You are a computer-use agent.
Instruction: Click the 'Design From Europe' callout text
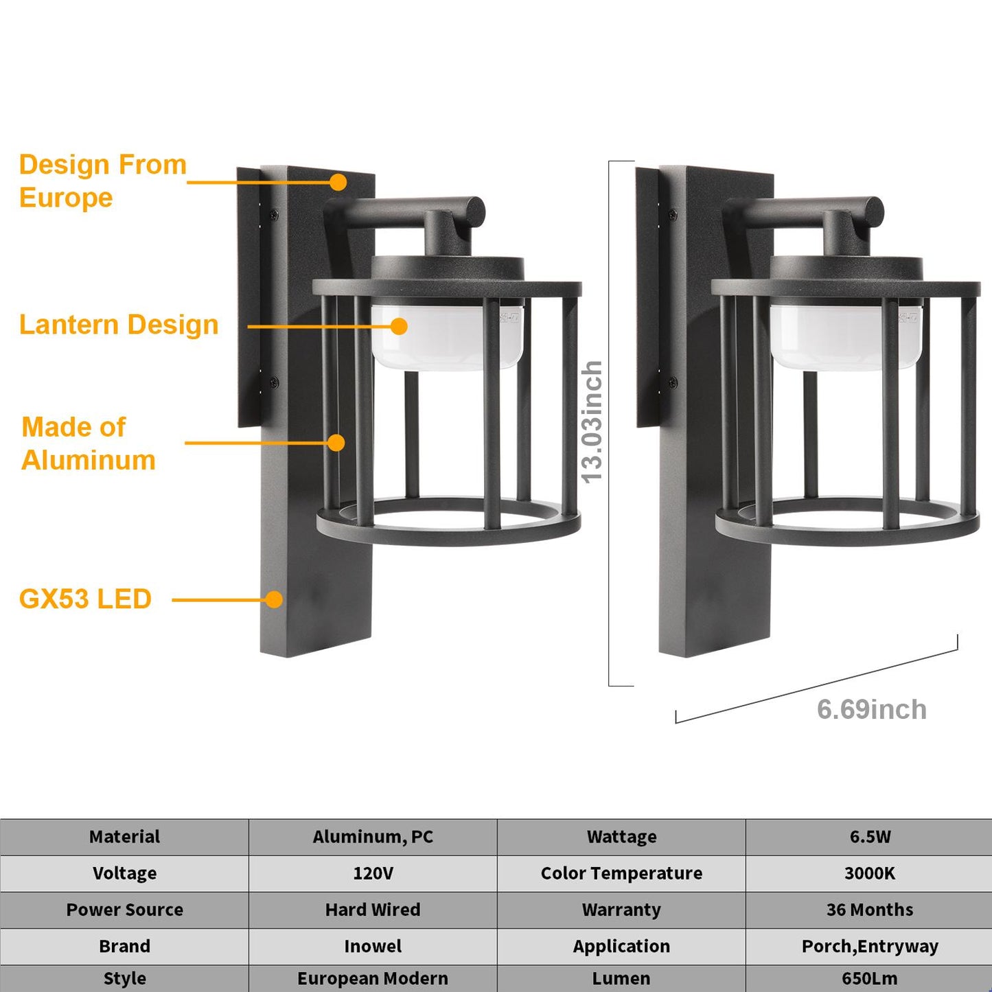pos(102,181)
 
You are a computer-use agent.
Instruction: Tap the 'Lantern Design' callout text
pos(119,325)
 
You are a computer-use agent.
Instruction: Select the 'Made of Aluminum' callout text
pos(89,443)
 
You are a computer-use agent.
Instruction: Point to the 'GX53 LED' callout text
pos(85,599)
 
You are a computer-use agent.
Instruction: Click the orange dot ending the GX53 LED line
pos(274,599)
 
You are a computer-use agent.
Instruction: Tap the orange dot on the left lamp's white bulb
pos(399,326)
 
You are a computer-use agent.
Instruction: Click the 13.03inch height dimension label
pos(592,422)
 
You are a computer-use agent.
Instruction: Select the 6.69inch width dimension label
pos(871,709)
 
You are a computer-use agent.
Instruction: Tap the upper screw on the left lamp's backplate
pos(274,215)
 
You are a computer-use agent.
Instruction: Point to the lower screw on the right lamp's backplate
pos(673,382)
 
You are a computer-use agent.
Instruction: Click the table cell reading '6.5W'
pos(869,837)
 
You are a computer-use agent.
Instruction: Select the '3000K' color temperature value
pos(869,873)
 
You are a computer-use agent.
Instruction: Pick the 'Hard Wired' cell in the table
pos(373,910)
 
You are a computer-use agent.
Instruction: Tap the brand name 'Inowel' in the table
pos(373,946)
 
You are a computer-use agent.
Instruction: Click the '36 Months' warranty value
pos(869,910)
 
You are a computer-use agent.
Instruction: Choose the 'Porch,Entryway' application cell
pos(869,946)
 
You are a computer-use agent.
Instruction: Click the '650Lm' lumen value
pos(869,978)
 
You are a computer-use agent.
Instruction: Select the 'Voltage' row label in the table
pos(124,873)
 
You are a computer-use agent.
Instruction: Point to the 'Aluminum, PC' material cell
pos(373,837)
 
